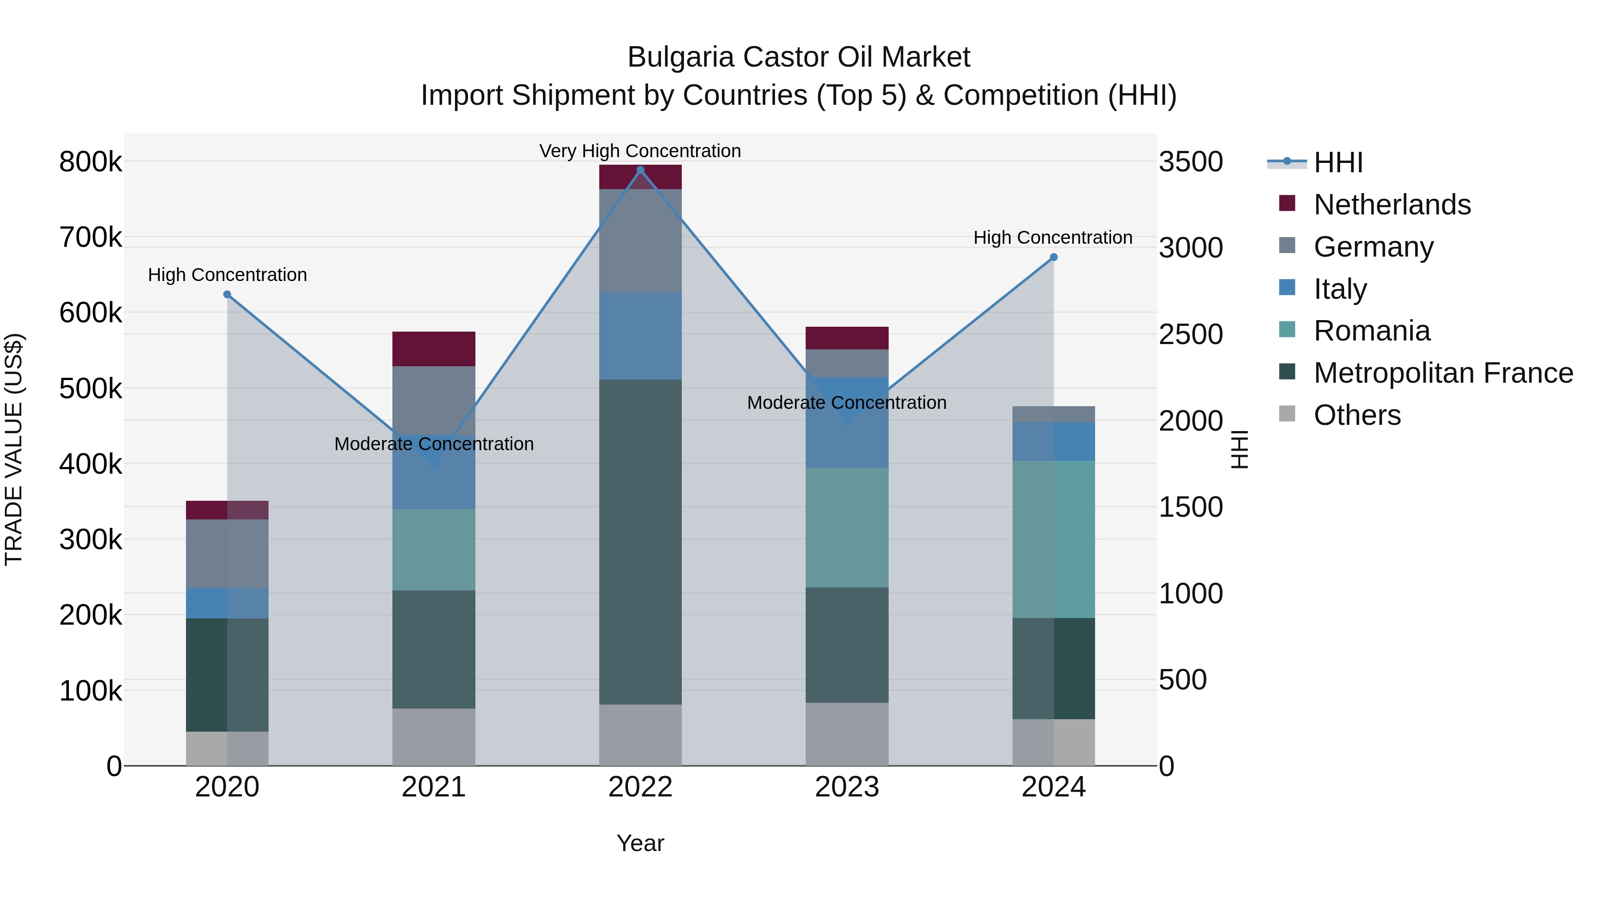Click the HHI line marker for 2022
point(640,170)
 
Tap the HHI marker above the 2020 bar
point(227,295)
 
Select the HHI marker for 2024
point(1053,257)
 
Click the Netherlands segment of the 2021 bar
point(434,349)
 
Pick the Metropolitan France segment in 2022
point(640,541)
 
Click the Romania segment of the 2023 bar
point(847,527)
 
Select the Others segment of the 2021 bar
point(434,737)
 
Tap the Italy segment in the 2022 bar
point(640,336)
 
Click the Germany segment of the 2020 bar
point(227,554)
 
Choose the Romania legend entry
point(1372,331)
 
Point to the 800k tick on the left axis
point(91,162)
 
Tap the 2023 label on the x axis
point(847,787)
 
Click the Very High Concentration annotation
point(640,151)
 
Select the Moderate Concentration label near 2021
point(434,444)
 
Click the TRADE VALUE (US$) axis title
point(14,449)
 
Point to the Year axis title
point(640,843)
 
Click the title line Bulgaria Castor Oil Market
point(799,57)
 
